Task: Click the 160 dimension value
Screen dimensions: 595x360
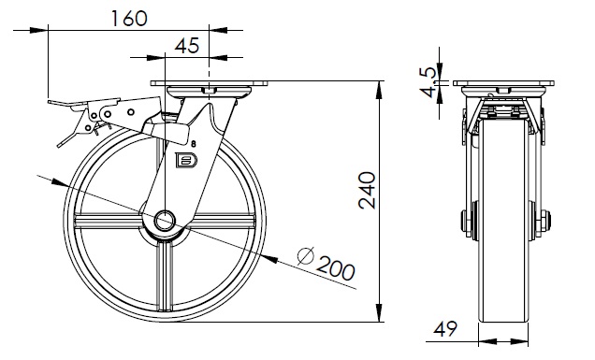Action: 129,19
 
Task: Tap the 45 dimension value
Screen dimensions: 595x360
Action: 187,46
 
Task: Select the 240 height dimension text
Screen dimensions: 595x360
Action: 367,191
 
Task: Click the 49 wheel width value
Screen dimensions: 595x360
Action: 445,329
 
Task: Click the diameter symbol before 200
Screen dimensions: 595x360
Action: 306,255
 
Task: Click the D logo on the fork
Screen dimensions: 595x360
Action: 186,160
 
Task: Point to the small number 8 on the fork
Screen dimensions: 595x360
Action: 194,144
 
